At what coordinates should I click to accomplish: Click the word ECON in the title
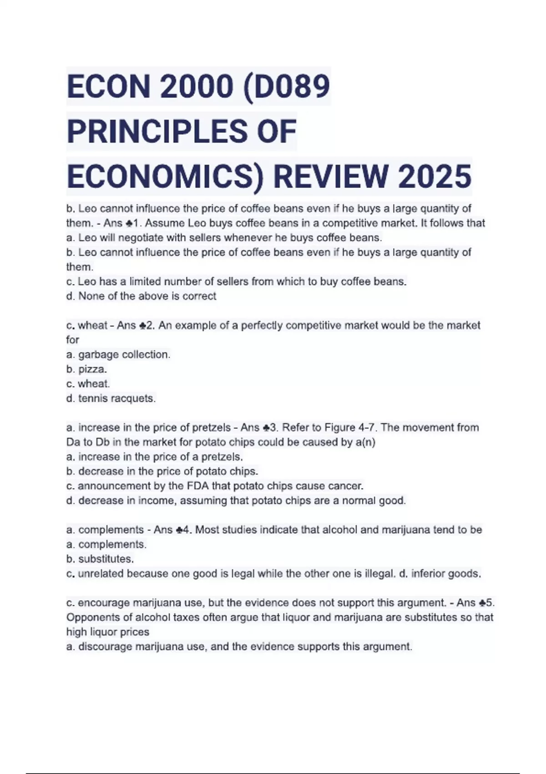[x=109, y=87]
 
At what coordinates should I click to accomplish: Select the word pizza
[x=92, y=369]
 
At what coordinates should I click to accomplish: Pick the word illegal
[x=379, y=574]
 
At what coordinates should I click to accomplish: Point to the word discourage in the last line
[x=104, y=647]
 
